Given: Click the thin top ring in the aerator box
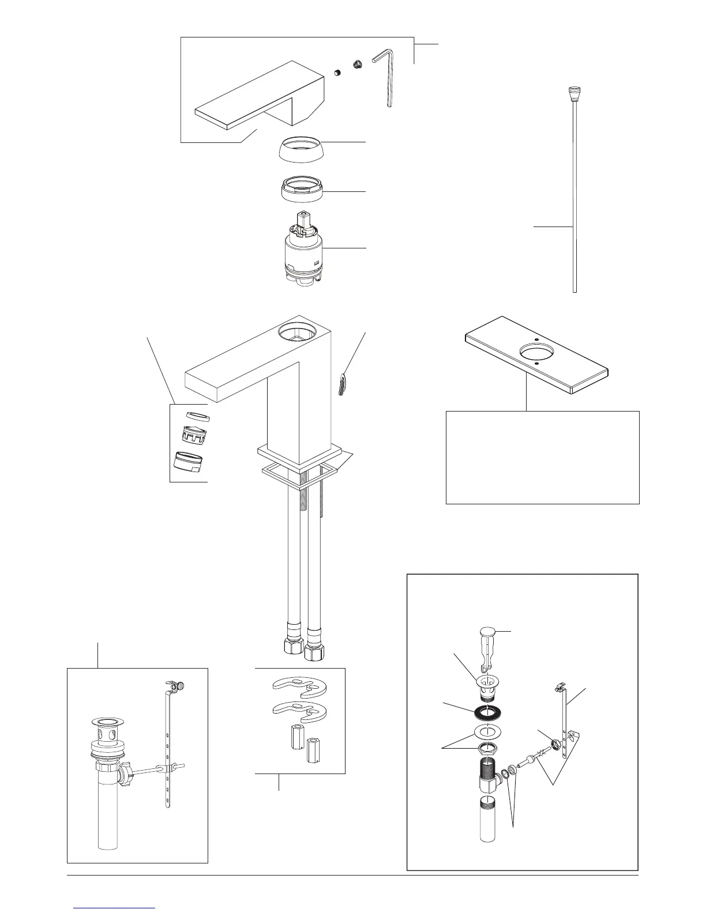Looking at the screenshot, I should point(198,417).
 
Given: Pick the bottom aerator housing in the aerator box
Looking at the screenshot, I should point(190,462).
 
